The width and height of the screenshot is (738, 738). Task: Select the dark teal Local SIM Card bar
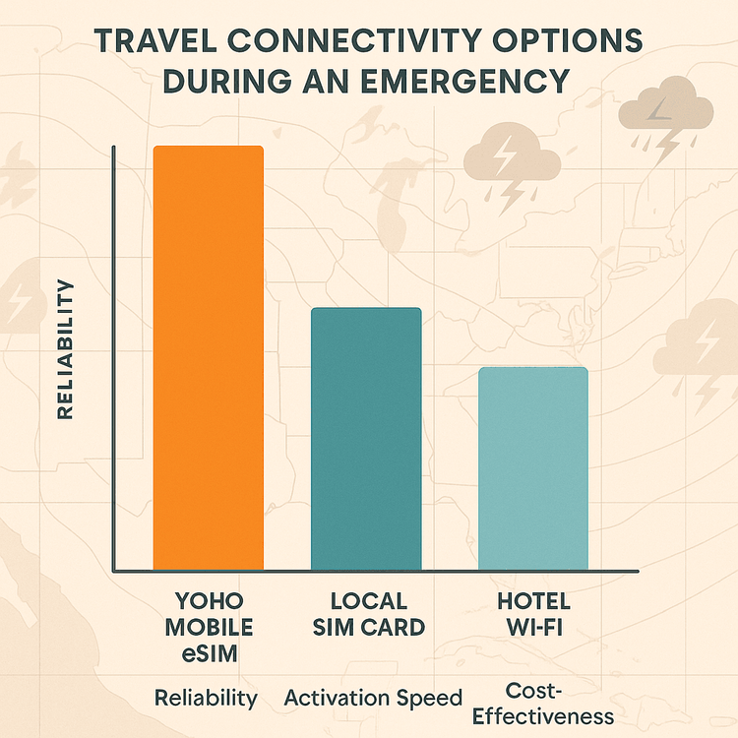point(366,438)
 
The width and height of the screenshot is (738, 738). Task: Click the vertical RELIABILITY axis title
point(66,349)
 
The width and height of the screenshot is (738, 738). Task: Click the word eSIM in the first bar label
point(208,651)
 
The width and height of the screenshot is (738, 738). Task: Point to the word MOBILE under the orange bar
point(208,627)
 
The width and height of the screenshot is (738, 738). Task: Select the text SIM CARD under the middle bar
point(367,627)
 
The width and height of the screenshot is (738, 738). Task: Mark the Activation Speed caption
point(373,699)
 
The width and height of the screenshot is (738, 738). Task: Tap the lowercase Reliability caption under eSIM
point(206,699)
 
